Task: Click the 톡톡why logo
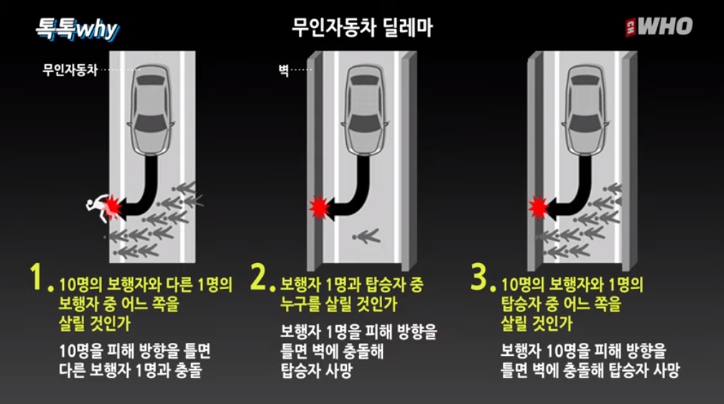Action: (x=78, y=29)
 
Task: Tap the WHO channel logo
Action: (x=659, y=27)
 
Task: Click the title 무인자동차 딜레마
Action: (x=363, y=28)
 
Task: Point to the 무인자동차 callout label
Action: (x=70, y=70)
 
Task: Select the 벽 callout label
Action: (x=283, y=70)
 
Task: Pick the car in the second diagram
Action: (x=365, y=110)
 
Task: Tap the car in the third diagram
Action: (x=585, y=110)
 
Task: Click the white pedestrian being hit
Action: (x=98, y=208)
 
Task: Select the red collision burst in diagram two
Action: (x=319, y=207)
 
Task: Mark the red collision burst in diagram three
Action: (x=539, y=207)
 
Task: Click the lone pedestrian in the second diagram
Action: (x=366, y=237)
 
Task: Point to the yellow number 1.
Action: (x=38, y=277)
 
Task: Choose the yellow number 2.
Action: (x=260, y=277)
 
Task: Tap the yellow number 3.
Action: (x=481, y=277)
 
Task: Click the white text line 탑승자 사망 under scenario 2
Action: (x=316, y=370)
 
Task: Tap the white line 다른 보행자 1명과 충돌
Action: (x=131, y=370)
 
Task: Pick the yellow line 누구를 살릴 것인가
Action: (x=338, y=304)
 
